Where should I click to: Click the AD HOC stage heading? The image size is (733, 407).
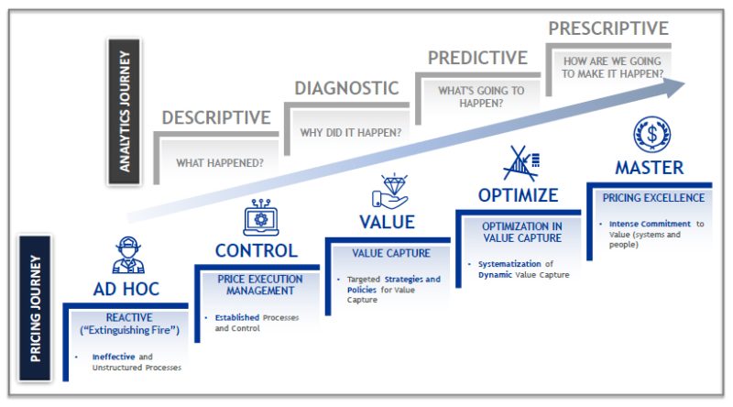coord(126,289)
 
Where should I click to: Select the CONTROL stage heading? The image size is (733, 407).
coord(256,250)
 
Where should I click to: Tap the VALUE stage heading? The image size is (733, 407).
coord(387,222)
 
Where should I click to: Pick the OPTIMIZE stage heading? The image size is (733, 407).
coord(518,194)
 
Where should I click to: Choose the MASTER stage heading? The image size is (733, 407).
coord(649,168)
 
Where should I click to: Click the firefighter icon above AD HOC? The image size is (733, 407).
coord(127,255)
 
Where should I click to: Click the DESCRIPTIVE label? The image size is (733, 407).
coord(216,117)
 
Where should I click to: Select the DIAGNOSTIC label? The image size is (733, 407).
coord(346,89)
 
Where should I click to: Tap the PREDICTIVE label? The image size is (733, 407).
coord(478,58)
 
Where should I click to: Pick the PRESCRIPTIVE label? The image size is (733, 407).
coord(607,28)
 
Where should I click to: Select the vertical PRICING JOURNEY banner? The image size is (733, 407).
coord(34,307)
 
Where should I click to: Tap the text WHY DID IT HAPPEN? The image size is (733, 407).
coord(350,131)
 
